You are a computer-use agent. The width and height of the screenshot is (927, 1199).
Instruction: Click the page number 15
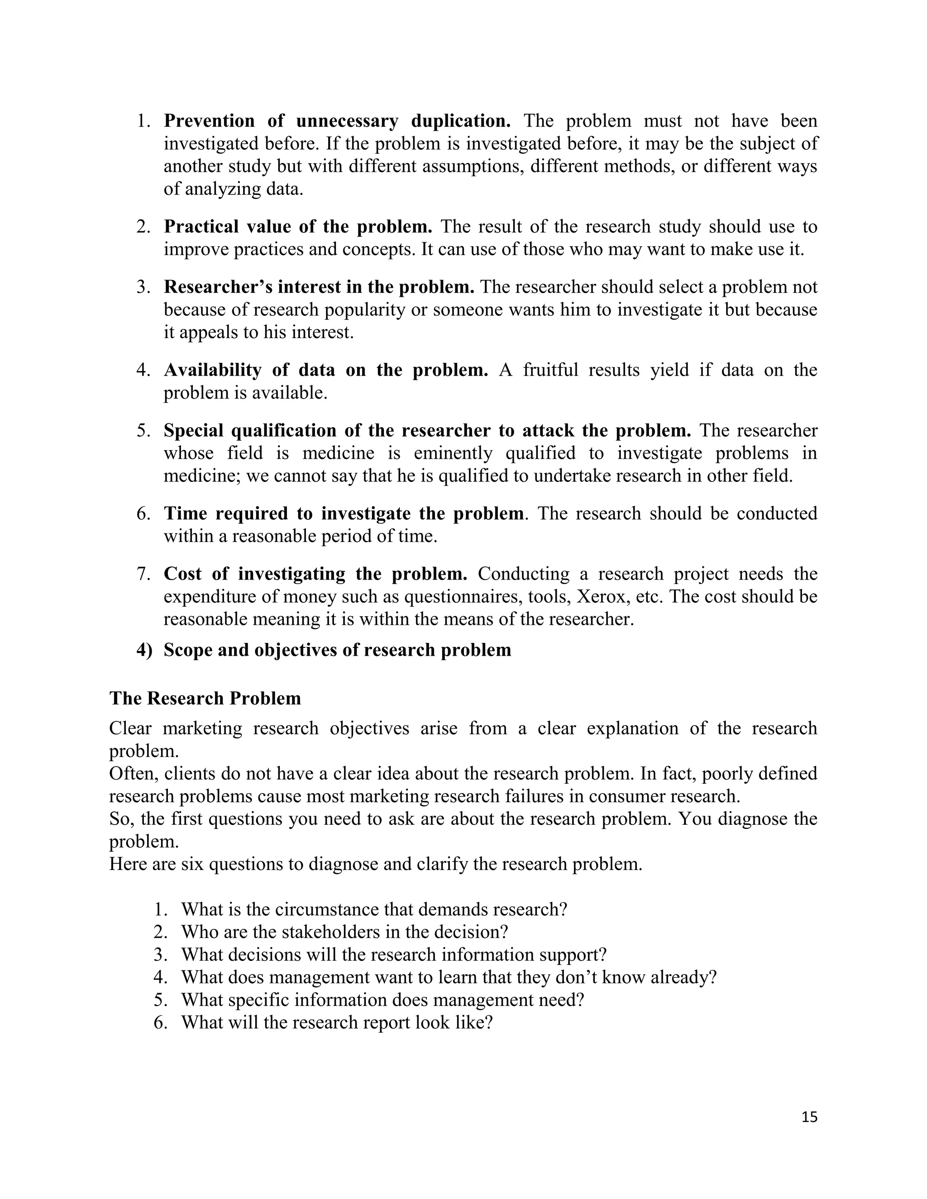click(809, 1117)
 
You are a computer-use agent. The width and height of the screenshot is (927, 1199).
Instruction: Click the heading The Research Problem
click(205, 698)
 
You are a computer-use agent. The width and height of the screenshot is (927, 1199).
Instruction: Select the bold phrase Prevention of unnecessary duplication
click(337, 121)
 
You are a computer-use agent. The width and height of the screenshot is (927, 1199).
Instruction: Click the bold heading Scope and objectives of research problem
click(337, 650)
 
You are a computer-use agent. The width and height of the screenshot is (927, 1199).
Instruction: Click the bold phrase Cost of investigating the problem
click(315, 574)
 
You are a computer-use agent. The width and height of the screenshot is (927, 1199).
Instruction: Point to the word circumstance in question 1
click(327, 910)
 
